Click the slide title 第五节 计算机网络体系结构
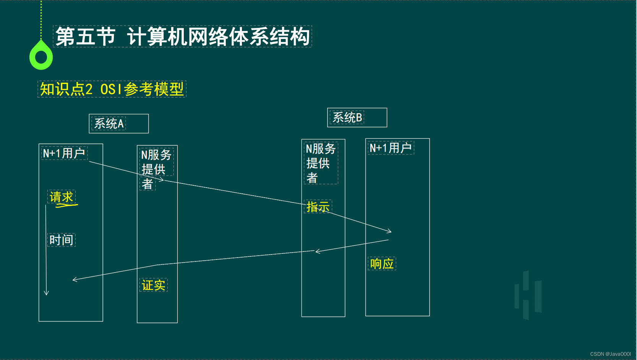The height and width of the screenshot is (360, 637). pos(182,37)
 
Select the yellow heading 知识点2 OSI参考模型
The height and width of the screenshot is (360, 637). pos(112,89)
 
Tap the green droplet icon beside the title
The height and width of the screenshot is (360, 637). pos(41,56)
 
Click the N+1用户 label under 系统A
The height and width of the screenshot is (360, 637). pos(64,153)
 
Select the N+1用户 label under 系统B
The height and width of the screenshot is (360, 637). pos(391,148)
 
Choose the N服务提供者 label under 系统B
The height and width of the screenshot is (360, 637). pos(320,163)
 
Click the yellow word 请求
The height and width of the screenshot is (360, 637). pos(61,197)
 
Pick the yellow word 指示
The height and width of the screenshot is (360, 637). pos(318,207)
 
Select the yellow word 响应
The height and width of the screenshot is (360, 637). pos(382,264)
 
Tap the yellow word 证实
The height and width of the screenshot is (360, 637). pos(153,285)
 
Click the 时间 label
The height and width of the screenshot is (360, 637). pos(61,240)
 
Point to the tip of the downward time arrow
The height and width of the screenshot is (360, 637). pos(46,295)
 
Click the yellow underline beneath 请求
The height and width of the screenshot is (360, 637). pos(67,206)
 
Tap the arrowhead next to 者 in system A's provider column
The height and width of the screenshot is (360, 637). pos(162,180)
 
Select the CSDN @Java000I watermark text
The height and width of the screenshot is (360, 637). pos(610,354)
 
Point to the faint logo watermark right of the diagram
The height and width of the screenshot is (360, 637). pos(528,295)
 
